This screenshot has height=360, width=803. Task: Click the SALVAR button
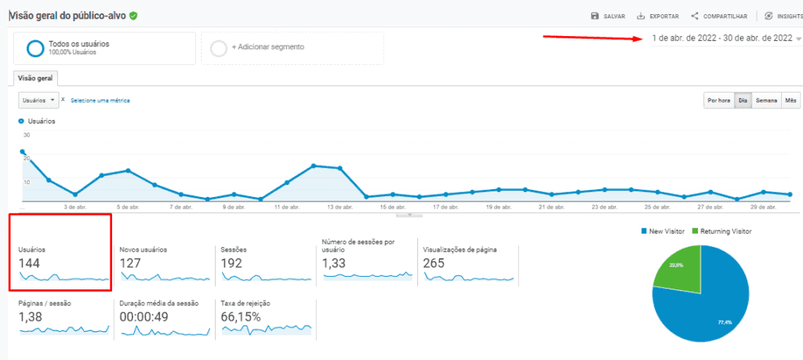click(x=608, y=16)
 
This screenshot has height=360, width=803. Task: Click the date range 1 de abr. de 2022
click(x=721, y=38)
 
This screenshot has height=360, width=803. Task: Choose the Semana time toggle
click(x=766, y=100)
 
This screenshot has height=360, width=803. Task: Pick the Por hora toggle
click(x=718, y=100)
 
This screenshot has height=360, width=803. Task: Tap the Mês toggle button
click(x=790, y=100)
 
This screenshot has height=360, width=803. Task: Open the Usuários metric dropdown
click(x=39, y=100)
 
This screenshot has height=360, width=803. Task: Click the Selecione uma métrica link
click(x=100, y=100)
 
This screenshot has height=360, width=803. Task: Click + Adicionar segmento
click(x=267, y=47)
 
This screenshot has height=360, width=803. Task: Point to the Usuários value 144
click(x=30, y=264)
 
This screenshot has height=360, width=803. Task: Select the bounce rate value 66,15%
click(x=241, y=317)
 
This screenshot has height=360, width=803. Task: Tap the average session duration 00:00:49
click(x=147, y=317)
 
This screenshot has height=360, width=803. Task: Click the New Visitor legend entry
click(x=663, y=231)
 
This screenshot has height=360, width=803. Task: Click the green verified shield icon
click(x=134, y=15)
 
